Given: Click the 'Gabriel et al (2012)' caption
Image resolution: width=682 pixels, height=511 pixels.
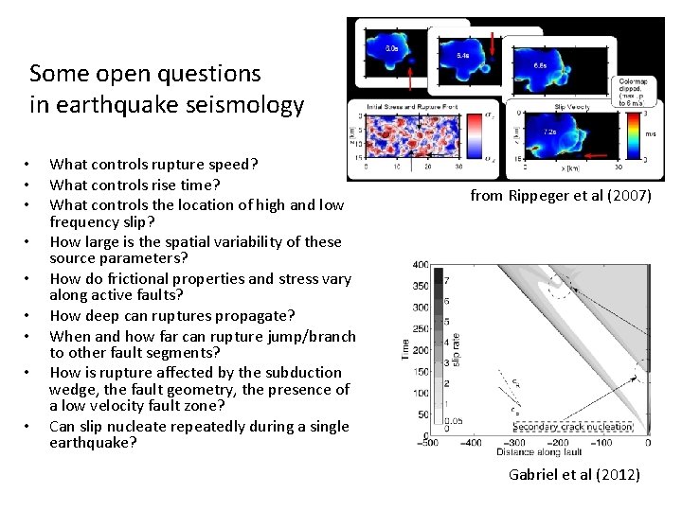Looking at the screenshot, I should point(574,474).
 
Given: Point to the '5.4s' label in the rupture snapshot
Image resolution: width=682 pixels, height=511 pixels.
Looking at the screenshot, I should point(462,57).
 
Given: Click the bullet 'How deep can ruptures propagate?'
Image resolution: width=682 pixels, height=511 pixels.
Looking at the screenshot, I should point(171,316).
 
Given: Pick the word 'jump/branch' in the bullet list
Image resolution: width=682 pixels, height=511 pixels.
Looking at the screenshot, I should point(312,335).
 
